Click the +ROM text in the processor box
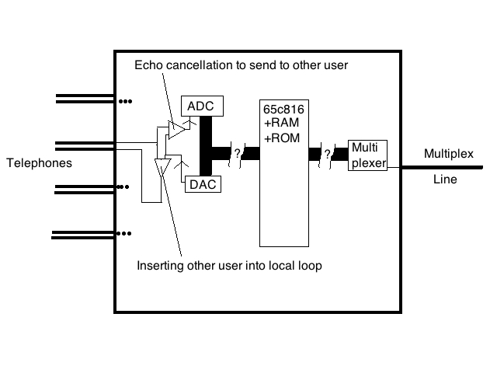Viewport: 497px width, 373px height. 280,138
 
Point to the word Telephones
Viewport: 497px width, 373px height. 39,163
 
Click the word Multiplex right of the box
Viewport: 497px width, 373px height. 448,154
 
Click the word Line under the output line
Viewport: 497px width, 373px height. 445,180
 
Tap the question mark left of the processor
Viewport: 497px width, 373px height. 238,153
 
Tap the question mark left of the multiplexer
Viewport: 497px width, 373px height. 328,154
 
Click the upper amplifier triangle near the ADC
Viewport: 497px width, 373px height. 179,126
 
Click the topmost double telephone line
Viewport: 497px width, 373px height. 84,99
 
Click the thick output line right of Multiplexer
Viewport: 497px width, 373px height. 443,166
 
